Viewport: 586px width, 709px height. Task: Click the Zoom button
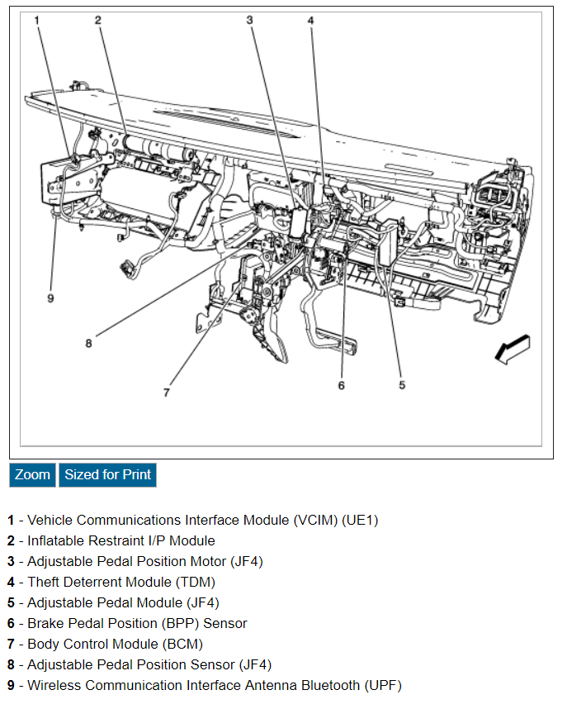[32, 474]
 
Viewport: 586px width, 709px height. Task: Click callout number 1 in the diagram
[37, 20]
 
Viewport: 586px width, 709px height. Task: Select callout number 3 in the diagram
[249, 20]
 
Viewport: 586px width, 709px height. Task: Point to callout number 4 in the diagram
[311, 20]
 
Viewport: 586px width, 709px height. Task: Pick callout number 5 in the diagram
[402, 384]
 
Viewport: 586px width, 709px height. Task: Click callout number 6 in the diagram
[341, 384]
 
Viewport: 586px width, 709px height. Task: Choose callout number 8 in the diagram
[88, 343]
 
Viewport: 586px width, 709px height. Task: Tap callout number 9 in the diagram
[50, 298]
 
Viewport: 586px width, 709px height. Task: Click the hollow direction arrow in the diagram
[512, 349]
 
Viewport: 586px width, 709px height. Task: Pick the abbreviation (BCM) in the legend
[178, 645]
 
